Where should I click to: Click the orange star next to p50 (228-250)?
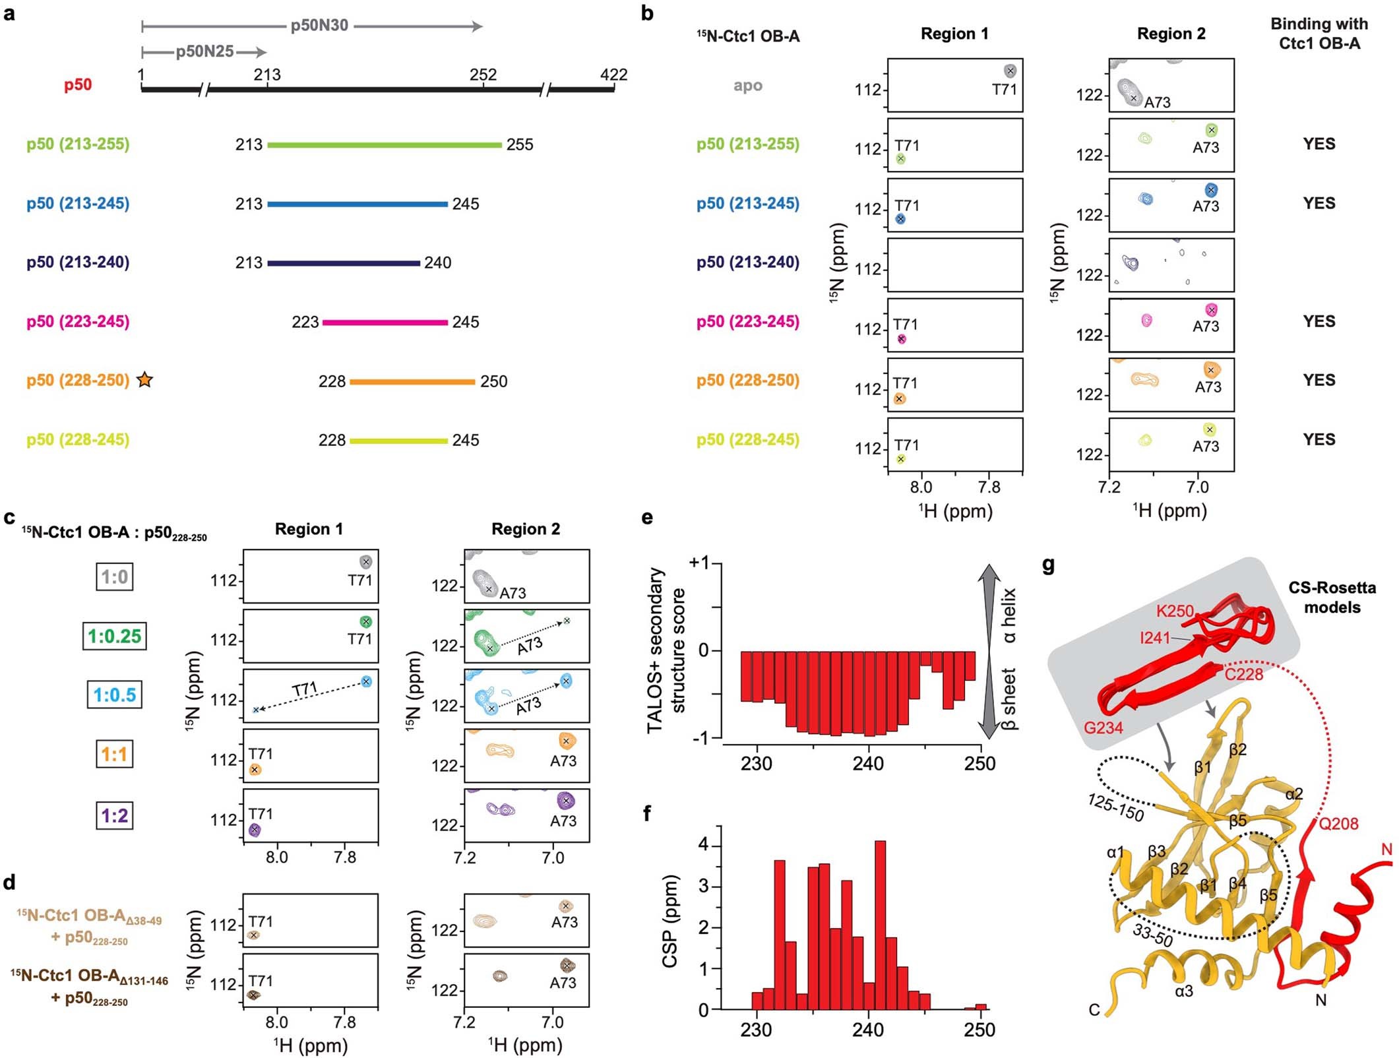tap(144, 380)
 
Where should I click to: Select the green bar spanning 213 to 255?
tap(384, 144)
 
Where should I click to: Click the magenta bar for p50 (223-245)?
tap(385, 323)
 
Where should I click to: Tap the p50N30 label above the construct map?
tap(319, 26)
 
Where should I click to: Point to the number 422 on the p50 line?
tap(613, 75)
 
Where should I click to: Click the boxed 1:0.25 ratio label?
tap(114, 636)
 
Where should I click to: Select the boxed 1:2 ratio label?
tap(115, 815)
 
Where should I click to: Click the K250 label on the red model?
tap(1175, 611)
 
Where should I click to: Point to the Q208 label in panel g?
tap(1338, 823)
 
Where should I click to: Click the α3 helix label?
tap(1184, 991)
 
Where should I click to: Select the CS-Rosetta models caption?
tap(1332, 597)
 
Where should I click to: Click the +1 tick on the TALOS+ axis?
tap(699, 563)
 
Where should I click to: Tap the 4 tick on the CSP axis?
tap(704, 845)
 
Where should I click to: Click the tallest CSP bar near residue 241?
tap(880, 923)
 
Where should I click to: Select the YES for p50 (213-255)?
tap(1319, 144)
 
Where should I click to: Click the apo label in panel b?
tap(747, 86)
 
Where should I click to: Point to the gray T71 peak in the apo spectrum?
tap(1010, 71)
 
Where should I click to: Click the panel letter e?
tap(647, 518)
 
